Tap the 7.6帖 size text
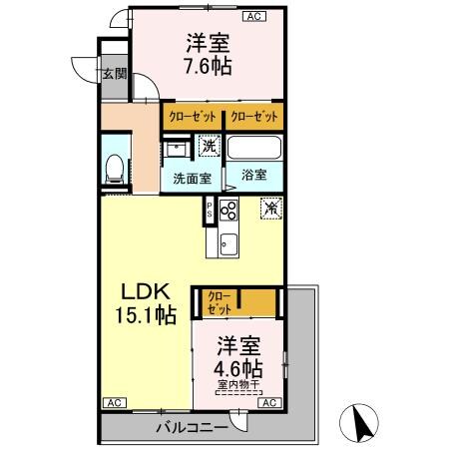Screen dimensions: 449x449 click(x=208, y=67)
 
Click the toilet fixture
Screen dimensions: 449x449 click(x=114, y=171)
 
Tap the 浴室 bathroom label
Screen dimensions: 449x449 click(x=252, y=174)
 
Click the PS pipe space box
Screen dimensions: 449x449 click(x=210, y=211)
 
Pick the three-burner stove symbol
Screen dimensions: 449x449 click(x=228, y=211)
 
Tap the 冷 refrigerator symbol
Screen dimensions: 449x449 click(x=270, y=209)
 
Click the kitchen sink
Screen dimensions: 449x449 click(x=226, y=240)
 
